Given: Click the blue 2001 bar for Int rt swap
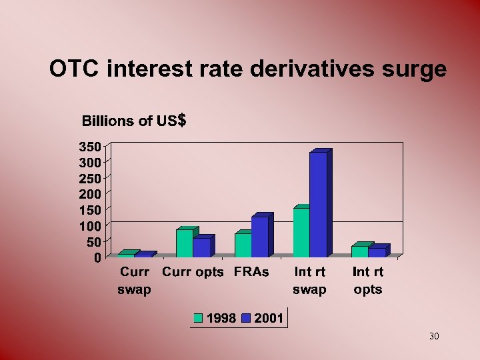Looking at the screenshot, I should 318,205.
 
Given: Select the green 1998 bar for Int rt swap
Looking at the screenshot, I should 301,233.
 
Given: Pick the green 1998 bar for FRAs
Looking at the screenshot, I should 243,245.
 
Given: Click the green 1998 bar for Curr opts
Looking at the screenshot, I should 185,243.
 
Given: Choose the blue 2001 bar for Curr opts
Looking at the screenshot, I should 201,247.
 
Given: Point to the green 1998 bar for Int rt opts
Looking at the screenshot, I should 360,251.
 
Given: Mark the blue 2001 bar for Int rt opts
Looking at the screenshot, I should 377,252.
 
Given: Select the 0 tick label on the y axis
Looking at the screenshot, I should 97,257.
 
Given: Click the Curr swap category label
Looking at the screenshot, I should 134,281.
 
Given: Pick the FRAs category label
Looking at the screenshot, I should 251,272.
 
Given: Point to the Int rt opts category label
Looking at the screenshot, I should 368,281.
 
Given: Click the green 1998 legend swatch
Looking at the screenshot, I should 198,319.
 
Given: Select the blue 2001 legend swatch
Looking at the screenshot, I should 246,319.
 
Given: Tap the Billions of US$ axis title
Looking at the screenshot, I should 133,121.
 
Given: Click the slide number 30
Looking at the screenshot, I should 434,336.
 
